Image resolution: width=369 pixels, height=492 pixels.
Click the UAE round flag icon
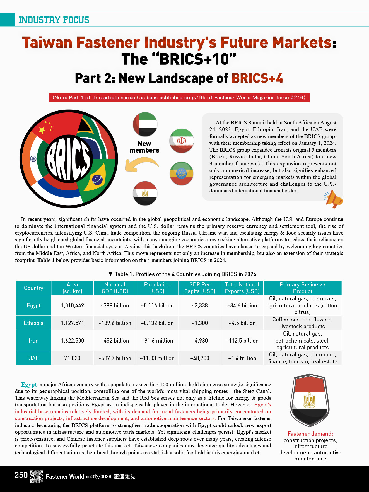(x=145, y=124)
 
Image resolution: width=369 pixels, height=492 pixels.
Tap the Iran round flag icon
(x=182, y=141)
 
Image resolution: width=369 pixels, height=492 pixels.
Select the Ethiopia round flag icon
(x=182, y=173)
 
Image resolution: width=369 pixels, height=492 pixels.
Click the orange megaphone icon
(x=334, y=199)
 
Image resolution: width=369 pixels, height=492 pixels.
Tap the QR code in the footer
(x=36, y=476)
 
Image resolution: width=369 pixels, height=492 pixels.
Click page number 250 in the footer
(x=21, y=475)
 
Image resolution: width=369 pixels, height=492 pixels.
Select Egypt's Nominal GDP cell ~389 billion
(x=115, y=305)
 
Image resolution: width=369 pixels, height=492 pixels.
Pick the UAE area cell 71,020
(x=72, y=358)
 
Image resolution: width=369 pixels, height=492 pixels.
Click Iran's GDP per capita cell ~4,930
(x=200, y=341)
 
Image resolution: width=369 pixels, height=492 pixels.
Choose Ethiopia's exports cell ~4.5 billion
(x=242, y=323)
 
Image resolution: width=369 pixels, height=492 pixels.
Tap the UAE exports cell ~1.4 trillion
(x=242, y=358)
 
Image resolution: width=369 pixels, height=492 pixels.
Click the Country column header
(x=33, y=288)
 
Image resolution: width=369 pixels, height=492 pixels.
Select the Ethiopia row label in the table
(x=33, y=323)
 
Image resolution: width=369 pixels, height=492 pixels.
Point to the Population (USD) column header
(x=157, y=288)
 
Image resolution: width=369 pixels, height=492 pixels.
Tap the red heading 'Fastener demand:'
(x=310, y=434)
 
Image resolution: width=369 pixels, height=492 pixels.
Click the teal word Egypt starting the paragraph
(x=29, y=385)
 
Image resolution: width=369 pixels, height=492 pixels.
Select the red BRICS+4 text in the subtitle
(x=257, y=78)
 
